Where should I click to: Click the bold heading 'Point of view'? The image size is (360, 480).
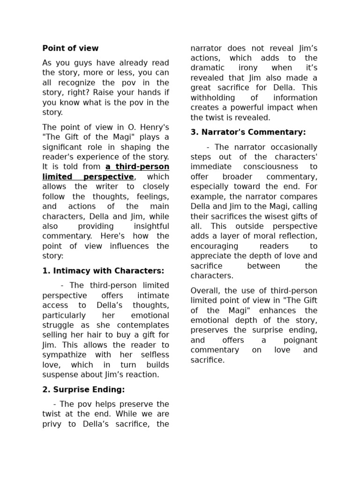(x=70, y=48)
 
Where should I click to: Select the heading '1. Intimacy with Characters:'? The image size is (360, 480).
(x=103, y=271)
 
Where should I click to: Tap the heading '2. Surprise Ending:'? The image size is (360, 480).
(x=83, y=390)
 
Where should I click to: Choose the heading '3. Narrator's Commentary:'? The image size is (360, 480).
(x=248, y=132)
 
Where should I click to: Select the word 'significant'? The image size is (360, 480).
(x=63, y=147)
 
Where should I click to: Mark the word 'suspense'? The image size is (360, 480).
(x=59, y=375)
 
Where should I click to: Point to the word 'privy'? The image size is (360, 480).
(x=52, y=424)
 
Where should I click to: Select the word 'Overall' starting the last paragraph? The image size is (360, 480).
(x=204, y=291)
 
